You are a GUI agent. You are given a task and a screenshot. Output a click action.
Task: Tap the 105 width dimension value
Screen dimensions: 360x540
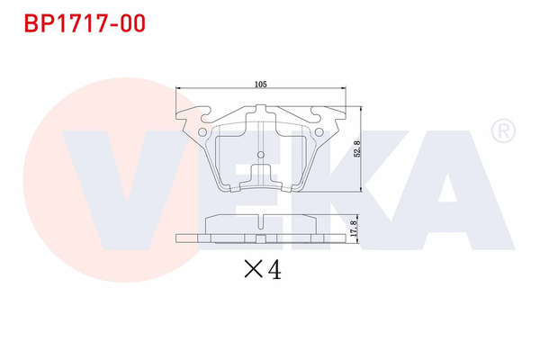[260, 84]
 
